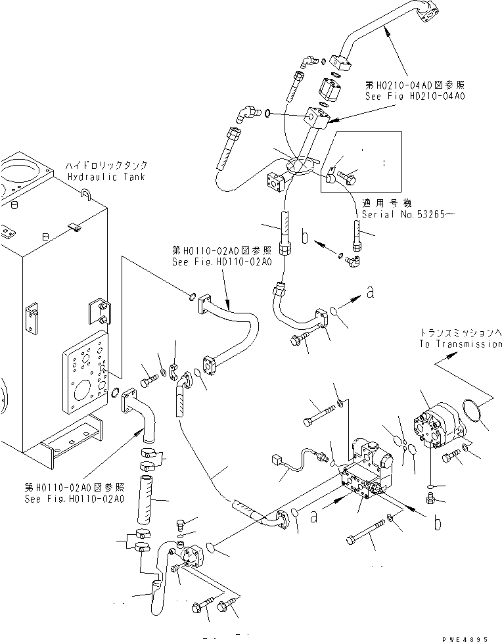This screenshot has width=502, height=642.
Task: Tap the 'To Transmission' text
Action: click(x=460, y=344)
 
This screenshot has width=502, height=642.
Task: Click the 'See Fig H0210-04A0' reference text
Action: click(x=415, y=96)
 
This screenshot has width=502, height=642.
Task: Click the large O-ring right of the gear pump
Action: click(x=476, y=415)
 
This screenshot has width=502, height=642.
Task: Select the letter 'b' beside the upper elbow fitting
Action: click(x=305, y=238)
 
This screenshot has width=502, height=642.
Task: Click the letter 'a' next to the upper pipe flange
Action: click(x=369, y=294)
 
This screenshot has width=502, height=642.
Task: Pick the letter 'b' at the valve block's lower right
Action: click(x=437, y=524)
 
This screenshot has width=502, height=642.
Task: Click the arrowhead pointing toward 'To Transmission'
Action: click(x=451, y=355)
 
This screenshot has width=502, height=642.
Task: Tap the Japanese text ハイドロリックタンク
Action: click(x=106, y=166)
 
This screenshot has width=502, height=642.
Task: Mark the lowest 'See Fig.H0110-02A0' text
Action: click(x=74, y=499)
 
